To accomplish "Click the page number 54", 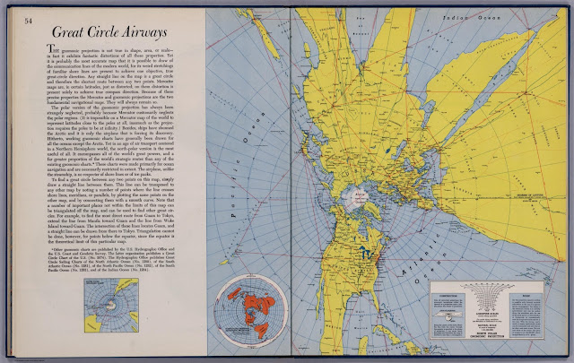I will pyautogui.click(x=29, y=20).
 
